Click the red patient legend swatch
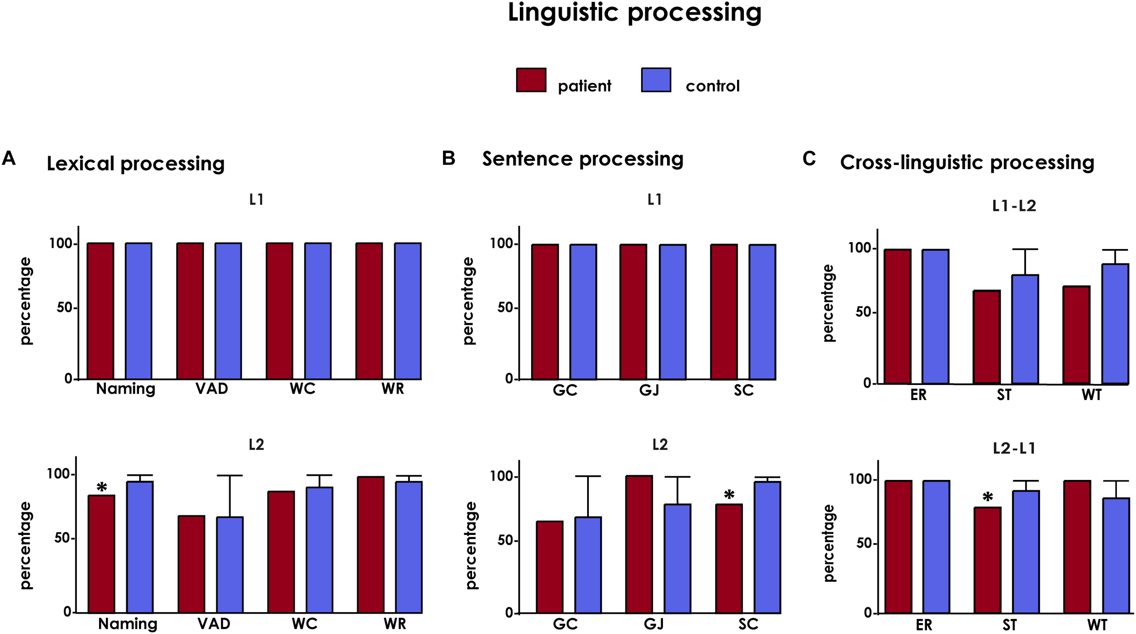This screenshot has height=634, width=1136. pyautogui.click(x=531, y=80)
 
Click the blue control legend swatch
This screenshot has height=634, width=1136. pyautogui.click(x=656, y=80)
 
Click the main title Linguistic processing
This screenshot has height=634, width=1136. pyautogui.click(x=634, y=13)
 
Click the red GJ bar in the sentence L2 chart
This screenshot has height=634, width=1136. pyautogui.click(x=638, y=544)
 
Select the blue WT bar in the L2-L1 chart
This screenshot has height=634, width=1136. pyautogui.click(x=1116, y=555)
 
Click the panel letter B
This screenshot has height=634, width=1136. pyautogui.click(x=448, y=159)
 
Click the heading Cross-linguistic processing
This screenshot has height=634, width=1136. pyautogui.click(x=967, y=162)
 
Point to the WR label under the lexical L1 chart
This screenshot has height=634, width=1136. pyautogui.click(x=393, y=389)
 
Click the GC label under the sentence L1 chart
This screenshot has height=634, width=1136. pyautogui.click(x=564, y=390)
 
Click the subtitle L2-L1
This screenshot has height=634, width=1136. pyautogui.click(x=1014, y=449)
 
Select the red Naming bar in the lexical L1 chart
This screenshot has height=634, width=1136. pyautogui.click(x=100, y=311)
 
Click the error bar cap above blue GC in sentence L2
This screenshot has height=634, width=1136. pyautogui.click(x=588, y=476)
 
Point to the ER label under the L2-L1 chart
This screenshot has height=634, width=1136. pyautogui.click(x=923, y=625)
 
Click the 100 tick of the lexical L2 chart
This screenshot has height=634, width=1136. pyautogui.click(x=59, y=474)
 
